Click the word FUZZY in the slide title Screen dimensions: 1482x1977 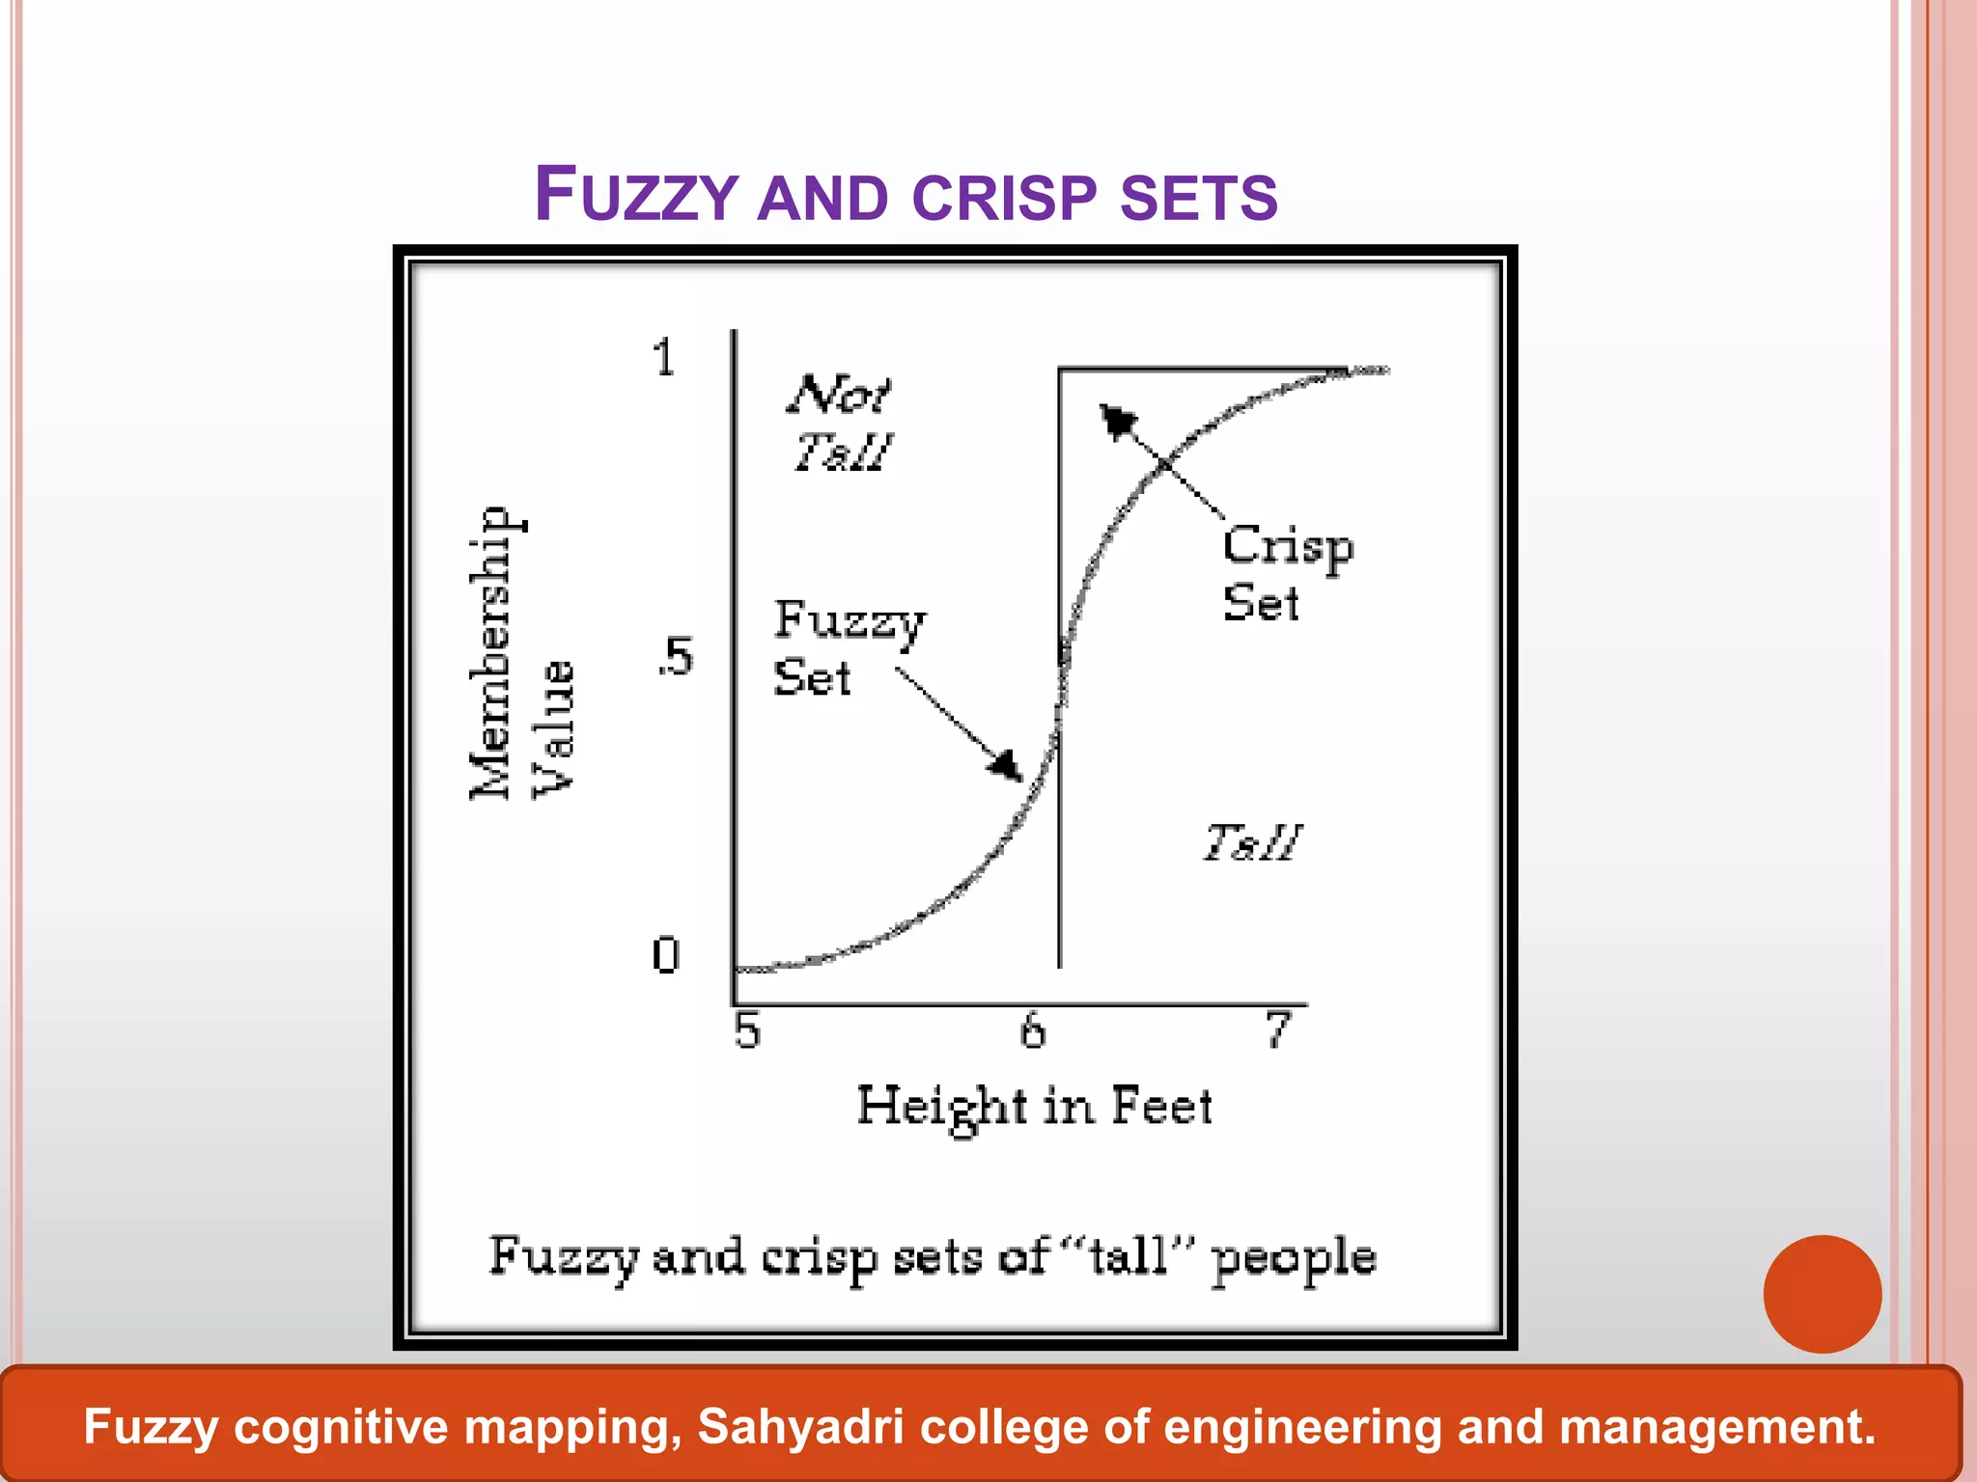tap(636, 196)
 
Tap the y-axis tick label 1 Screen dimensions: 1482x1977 tap(663, 359)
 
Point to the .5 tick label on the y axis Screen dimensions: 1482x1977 tap(676, 657)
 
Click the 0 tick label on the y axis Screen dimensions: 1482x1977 tap(665, 956)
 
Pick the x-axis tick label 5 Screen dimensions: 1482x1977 tap(747, 1030)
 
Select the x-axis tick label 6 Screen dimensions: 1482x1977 tap(1033, 1030)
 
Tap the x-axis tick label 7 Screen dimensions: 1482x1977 tap(1278, 1029)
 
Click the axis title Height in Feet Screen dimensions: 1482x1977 tap(1034, 1106)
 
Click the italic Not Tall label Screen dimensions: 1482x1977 tap(841, 423)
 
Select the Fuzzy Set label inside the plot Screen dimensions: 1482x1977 tap(848, 647)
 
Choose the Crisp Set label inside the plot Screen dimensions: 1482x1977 tap(1287, 574)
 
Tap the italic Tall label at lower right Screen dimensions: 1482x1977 tap(1252, 842)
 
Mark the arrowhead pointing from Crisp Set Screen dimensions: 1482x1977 tap(1117, 420)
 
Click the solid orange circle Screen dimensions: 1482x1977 tap(1822, 1294)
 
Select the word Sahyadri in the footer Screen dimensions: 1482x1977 tap(800, 1427)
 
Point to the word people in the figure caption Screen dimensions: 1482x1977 tap(1294, 1258)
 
